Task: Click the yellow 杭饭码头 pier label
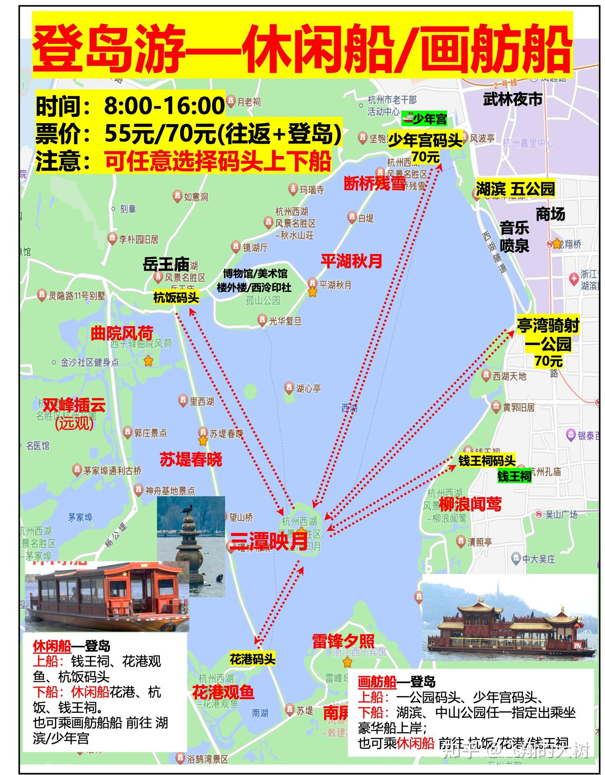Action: point(176,298)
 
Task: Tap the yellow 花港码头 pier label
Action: point(252,659)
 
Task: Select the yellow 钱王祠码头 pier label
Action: point(487,461)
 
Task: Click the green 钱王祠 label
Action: point(514,476)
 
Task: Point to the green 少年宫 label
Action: point(424,119)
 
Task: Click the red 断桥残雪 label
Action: point(375,183)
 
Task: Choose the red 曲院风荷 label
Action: point(122,333)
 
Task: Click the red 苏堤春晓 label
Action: point(191,459)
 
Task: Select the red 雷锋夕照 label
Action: point(343,641)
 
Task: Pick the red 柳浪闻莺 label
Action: point(471,504)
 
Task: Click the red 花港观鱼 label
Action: point(223,692)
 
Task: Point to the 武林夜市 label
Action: point(513,99)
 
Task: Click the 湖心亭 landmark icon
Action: point(289,387)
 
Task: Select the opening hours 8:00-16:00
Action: point(164,105)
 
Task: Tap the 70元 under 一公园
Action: point(548,361)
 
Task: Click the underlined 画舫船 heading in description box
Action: point(377,681)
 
